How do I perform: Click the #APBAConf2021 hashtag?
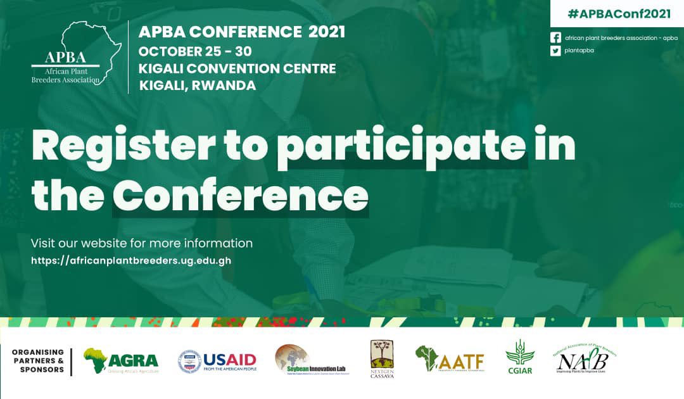point(619,14)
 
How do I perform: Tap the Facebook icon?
point(555,38)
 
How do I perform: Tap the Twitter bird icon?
point(555,51)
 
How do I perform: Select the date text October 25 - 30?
point(195,51)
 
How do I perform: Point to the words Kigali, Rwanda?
point(197,85)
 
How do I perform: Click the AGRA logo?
point(120,361)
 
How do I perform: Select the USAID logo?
point(217,362)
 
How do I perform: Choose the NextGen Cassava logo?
point(382,359)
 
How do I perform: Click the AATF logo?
point(450,360)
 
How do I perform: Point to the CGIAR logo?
point(519,357)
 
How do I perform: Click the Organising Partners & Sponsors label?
point(38,361)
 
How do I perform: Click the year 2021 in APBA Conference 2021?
point(327,32)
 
